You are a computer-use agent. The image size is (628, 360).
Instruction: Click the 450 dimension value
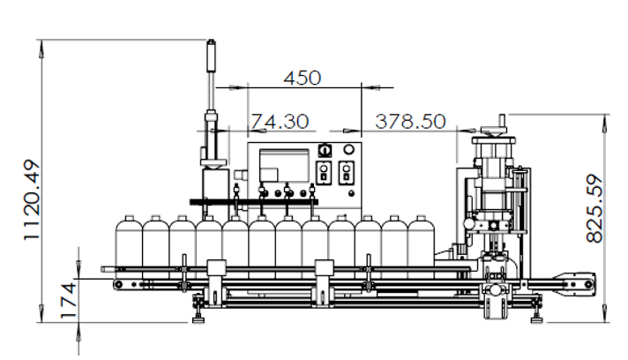click(x=303, y=78)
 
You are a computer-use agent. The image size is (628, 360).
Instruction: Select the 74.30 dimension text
click(x=280, y=122)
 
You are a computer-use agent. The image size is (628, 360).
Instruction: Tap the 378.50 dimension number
click(x=410, y=122)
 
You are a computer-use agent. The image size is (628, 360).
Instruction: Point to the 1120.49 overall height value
click(x=32, y=200)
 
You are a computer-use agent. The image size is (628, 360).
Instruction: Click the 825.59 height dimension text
click(x=594, y=208)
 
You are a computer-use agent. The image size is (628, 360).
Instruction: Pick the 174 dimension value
click(x=69, y=300)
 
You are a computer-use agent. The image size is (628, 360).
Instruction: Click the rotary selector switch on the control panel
click(x=325, y=151)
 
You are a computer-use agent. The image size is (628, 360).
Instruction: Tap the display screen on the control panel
click(x=284, y=166)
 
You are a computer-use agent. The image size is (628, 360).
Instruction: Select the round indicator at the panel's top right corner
click(x=349, y=150)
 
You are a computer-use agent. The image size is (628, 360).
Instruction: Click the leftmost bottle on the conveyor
click(x=129, y=247)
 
